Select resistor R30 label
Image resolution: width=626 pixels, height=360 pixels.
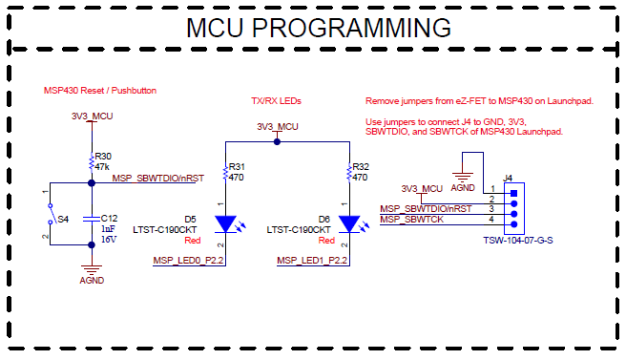click(102, 156)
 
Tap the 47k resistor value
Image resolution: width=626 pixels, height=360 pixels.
click(101, 165)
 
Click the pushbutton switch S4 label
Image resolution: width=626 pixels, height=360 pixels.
click(63, 219)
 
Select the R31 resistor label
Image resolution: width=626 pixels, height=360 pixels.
click(238, 166)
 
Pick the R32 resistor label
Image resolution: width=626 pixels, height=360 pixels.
click(362, 166)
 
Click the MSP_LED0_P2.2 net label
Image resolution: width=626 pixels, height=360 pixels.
click(187, 260)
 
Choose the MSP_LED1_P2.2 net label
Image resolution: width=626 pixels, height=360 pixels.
click(312, 260)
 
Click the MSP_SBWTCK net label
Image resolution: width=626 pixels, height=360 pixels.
click(413, 221)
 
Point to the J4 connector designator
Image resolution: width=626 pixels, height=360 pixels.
click(509, 178)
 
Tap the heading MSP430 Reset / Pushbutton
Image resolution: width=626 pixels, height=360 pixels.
click(100, 91)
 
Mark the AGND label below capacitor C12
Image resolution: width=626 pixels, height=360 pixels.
click(91, 282)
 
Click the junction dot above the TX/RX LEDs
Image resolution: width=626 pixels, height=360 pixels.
click(277, 141)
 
